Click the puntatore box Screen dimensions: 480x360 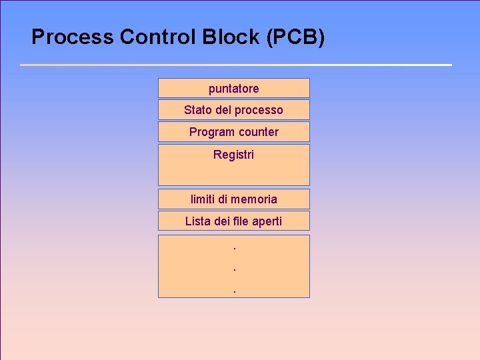(x=233, y=89)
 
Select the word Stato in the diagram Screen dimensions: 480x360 (x=198, y=110)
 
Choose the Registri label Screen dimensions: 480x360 (x=233, y=155)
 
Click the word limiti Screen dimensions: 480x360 (x=203, y=199)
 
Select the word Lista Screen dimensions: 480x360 (x=197, y=221)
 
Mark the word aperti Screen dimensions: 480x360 (x=267, y=221)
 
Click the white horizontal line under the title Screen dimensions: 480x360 (x=236, y=65)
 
